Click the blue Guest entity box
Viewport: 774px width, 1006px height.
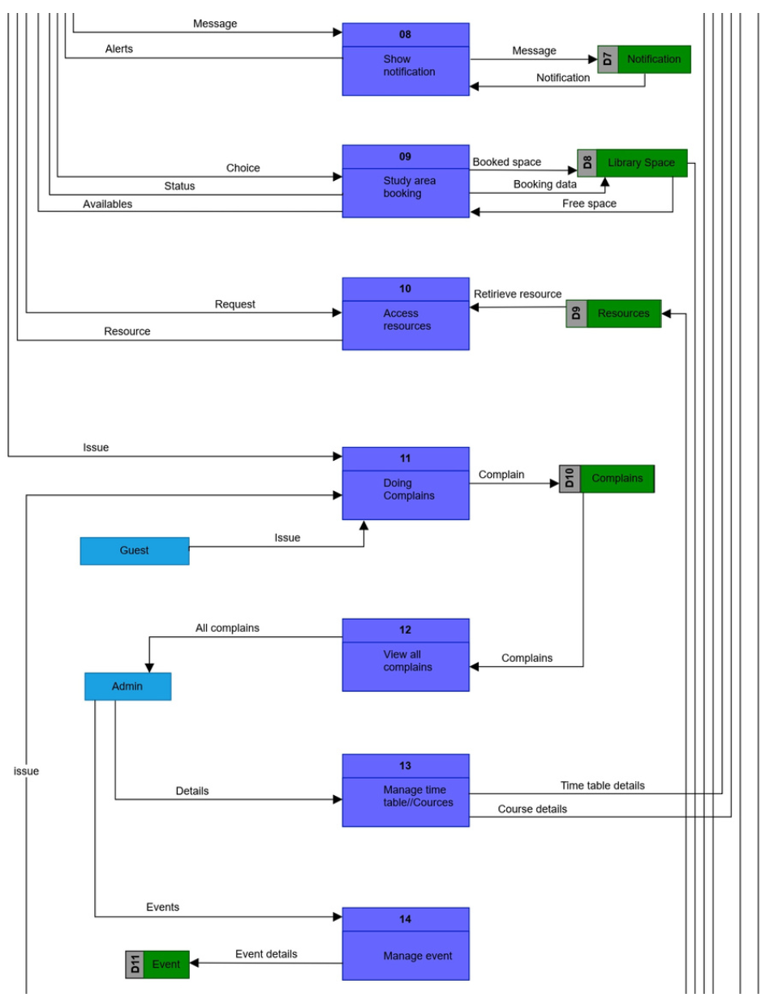[x=135, y=551]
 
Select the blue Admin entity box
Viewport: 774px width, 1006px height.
[x=127, y=686]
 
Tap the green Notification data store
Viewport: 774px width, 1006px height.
[x=653, y=59]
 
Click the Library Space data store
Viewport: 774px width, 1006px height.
[x=641, y=162]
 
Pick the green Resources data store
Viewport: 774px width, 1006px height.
[x=623, y=313]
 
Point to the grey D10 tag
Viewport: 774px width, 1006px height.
[x=570, y=479]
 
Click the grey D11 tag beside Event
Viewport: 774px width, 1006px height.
[x=135, y=965]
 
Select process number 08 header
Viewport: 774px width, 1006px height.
[x=405, y=35]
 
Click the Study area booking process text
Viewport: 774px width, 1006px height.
[x=409, y=187]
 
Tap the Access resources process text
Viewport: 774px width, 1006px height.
[x=406, y=320]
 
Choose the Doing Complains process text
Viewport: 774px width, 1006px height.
[x=409, y=489]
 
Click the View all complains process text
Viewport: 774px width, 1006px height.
[x=407, y=660]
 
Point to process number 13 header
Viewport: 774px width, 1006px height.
[x=405, y=766]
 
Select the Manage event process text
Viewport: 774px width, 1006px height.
[x=417, y=956]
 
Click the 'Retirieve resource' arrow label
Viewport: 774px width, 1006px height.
[x=518, y=294]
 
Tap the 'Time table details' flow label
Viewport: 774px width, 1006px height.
[x=602, y=785]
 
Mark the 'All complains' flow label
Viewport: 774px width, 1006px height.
[x=227, y=628]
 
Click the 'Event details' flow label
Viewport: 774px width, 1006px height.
[x=266, y=954]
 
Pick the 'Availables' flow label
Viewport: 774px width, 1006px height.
[x=107, y=204]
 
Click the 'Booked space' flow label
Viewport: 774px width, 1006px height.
[x=506, y=162]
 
